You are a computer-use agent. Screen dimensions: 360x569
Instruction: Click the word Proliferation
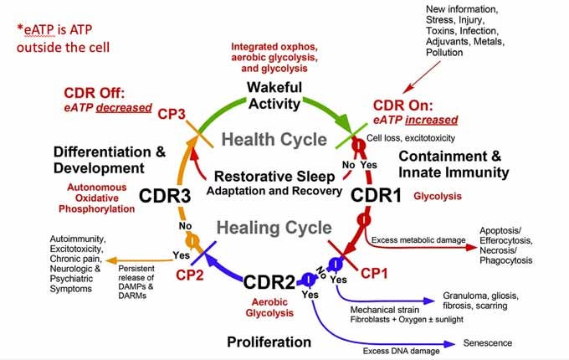pos(269,342)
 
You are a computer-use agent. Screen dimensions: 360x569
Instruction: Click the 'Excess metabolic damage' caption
pos(418,240)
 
